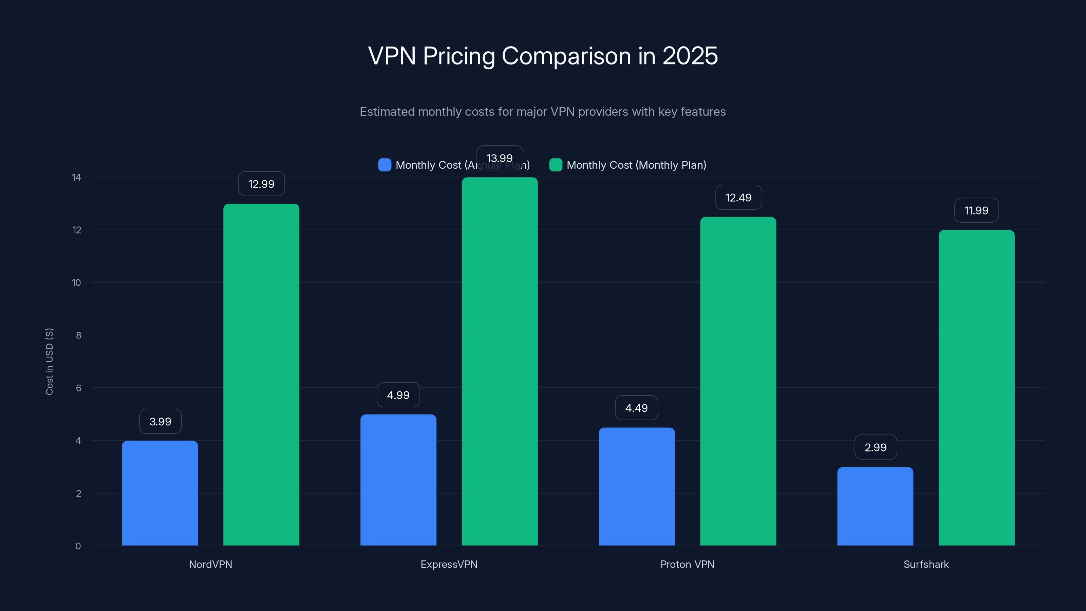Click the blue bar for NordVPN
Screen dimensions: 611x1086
coord(160,493)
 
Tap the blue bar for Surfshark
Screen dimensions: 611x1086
coord(875,506)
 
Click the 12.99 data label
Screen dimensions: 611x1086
coord(261,184)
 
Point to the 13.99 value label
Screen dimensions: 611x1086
coord(500,158)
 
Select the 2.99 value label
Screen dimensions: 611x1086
coord(875,447)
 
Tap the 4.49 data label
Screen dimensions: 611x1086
coord(636,408)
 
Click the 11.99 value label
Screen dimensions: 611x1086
coord(976,210)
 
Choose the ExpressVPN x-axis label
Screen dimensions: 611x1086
coord(449,564)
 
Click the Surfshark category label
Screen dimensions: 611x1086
coord(926,564)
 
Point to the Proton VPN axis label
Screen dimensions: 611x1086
coord(687,564)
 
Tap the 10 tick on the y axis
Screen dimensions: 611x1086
coord(76,282)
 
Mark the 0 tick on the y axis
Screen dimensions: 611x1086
coord(78,546)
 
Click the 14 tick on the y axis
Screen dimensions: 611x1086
coord(76,177)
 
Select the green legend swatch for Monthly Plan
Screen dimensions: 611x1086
coord(556,165)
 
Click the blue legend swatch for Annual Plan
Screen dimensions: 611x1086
coord(385,165)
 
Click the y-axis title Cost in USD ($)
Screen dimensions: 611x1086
coord(49,362)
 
